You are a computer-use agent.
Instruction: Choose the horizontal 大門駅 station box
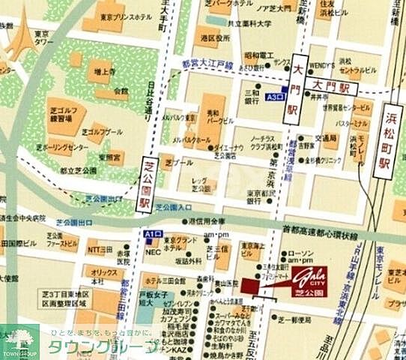tap(333, 87)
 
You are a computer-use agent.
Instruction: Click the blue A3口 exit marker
tap(275, 97)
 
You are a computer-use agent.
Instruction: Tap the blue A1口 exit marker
tap(154, 235)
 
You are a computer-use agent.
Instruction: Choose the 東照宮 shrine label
tap(109, 159)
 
